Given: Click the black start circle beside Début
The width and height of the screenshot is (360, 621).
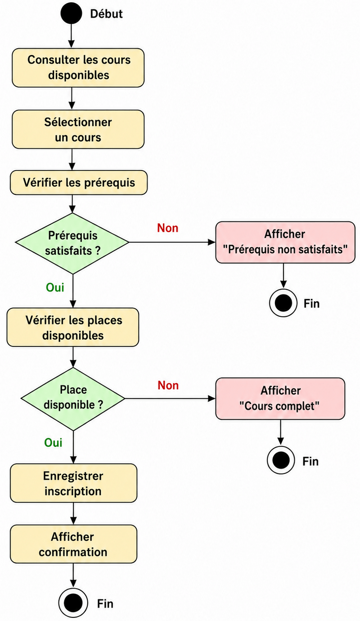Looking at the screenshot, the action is pos(72,13).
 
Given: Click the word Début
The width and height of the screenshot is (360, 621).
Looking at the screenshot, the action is pos(106,14).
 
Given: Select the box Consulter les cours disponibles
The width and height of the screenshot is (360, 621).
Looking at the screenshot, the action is pos(78,67).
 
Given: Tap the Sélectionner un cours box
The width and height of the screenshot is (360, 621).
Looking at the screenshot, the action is pos(78,130).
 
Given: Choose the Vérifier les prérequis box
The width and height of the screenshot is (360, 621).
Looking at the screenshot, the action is pos(79,182).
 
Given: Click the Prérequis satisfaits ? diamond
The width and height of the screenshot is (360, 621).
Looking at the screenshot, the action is pos(72,243).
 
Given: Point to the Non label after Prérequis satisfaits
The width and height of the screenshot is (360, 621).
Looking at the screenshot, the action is pos(168,228).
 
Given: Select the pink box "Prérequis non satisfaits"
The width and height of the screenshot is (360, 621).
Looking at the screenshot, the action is pos(285,242).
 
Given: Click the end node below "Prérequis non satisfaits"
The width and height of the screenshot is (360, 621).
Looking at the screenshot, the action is pos(283,303).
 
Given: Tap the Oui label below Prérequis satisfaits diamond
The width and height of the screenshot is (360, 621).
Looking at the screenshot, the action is pos(55,288).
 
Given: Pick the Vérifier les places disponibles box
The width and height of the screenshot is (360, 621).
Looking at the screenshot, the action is pos(73,327).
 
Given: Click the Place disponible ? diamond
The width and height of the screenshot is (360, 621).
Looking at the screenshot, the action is pos(73,399).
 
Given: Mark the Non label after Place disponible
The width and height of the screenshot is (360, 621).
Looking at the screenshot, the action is pos(168,385).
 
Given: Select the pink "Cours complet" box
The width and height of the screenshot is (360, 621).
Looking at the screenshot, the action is pos(280,398).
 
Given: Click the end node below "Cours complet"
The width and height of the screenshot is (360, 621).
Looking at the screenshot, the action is pos(281,460).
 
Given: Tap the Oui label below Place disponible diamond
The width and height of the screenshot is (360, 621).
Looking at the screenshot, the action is pos(53,442).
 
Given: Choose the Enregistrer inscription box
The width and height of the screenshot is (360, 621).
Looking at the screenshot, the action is pos(73,483).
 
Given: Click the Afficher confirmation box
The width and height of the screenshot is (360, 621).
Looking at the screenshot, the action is pos(73,544).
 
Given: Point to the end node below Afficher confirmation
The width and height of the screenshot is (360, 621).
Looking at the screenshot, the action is pos(73,603).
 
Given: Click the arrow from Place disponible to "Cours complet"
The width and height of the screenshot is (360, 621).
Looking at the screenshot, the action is pos(170,399).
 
